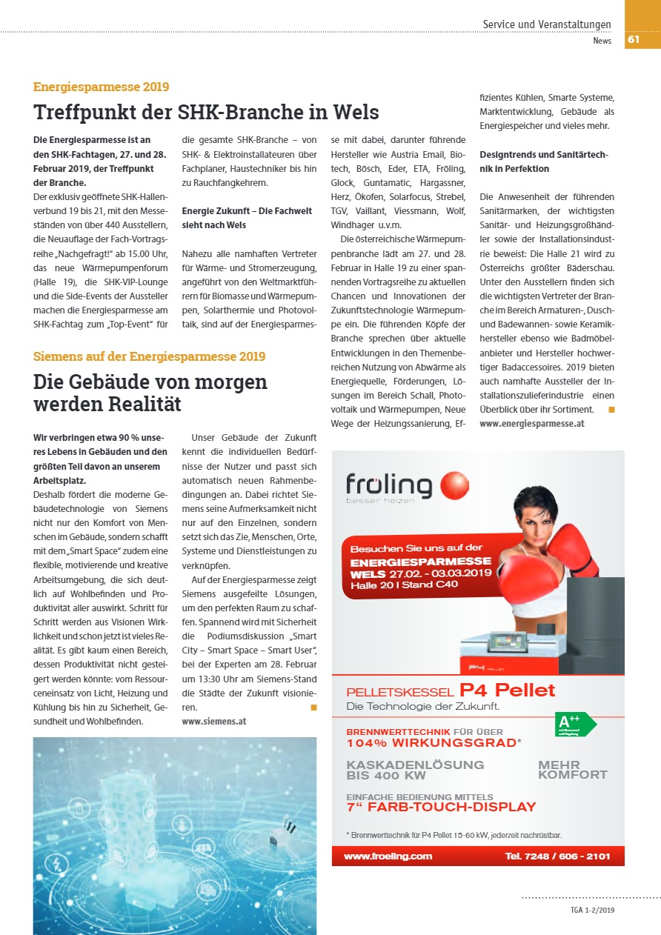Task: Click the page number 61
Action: point(634,40)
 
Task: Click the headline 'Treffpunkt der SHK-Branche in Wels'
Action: point(206,113)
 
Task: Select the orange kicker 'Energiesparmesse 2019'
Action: point(101,87)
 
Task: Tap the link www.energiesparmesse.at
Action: point(532,424)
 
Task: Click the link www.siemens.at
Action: point(214,720)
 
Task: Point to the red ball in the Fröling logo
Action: point(454,486)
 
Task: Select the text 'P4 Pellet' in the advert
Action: point(507,691)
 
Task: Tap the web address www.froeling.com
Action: point(388,856)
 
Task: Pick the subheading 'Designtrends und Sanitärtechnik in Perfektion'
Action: point(543,162)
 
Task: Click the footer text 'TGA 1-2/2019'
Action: point(592,910)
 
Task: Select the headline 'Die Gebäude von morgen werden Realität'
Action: point(150,393)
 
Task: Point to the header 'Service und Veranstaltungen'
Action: point(547,24)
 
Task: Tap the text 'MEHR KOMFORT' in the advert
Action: point(572,770)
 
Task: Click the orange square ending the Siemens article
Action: point(313,708)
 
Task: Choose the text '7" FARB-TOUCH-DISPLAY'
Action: point(441,807)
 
